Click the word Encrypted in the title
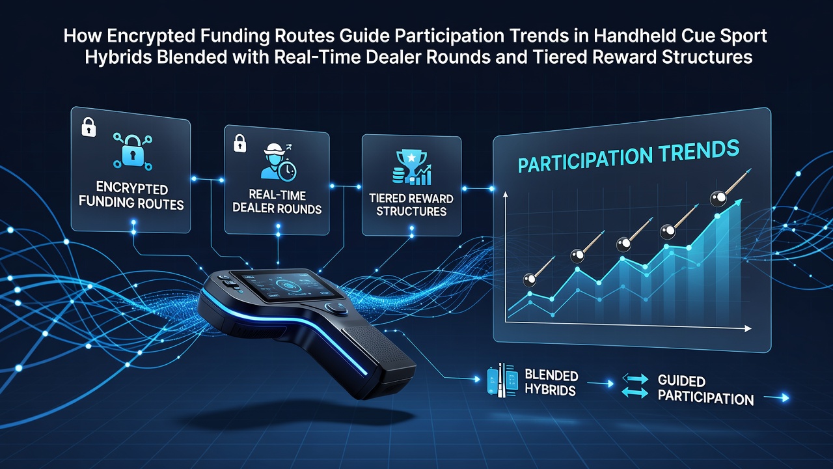[x=151, y=36]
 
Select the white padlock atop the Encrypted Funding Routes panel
[x=89, y=127]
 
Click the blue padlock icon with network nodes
[x=133, y=150]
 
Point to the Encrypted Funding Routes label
[x=131, y=196]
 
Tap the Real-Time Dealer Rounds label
[x=277, y=202]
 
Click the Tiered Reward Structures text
[x=411, y=205]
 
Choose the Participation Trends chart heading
[x=629, y=156]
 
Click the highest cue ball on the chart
[x=718, y=199]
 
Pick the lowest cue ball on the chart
[x=529, y=280]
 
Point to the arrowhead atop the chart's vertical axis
[x=505, y=194]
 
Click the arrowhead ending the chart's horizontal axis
[x=748, y=329]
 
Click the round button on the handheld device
[x=336, y=309]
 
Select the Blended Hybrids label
[x=551, y=382]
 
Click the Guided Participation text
[x=705, y=390]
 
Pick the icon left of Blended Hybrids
[x=502, y=380]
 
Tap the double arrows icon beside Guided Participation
[x=635, y=386]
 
